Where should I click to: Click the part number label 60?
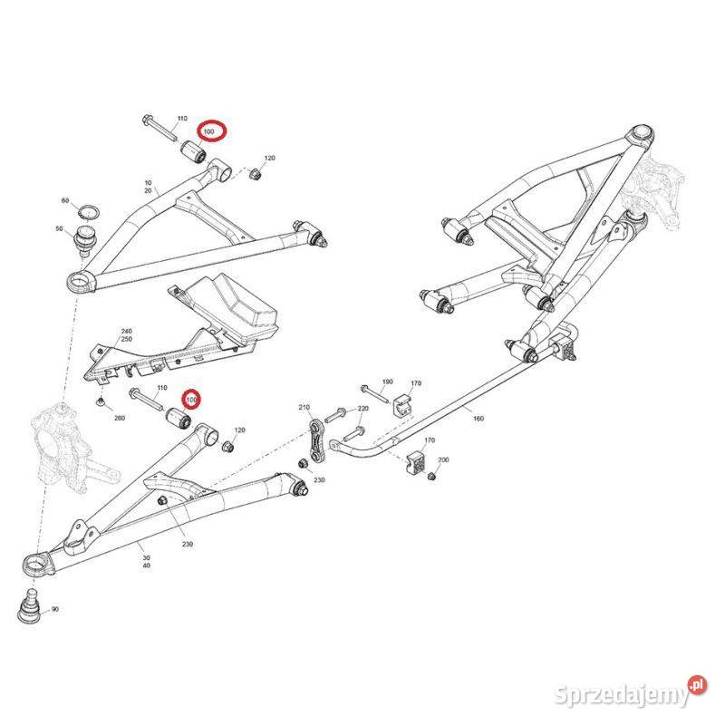(x=65, y=200)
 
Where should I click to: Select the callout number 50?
(x=60, y=230)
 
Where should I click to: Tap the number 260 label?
(x=119, y=418)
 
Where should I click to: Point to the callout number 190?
(x=388, y=382)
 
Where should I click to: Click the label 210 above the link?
(x=304, y=408)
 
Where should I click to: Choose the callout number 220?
(x=362, y=409)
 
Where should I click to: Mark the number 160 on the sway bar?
(x=478, y=419)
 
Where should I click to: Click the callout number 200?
(x=443, y=460)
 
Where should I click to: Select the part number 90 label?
(x=54, y=610)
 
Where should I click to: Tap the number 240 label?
(x=127, y=332)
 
